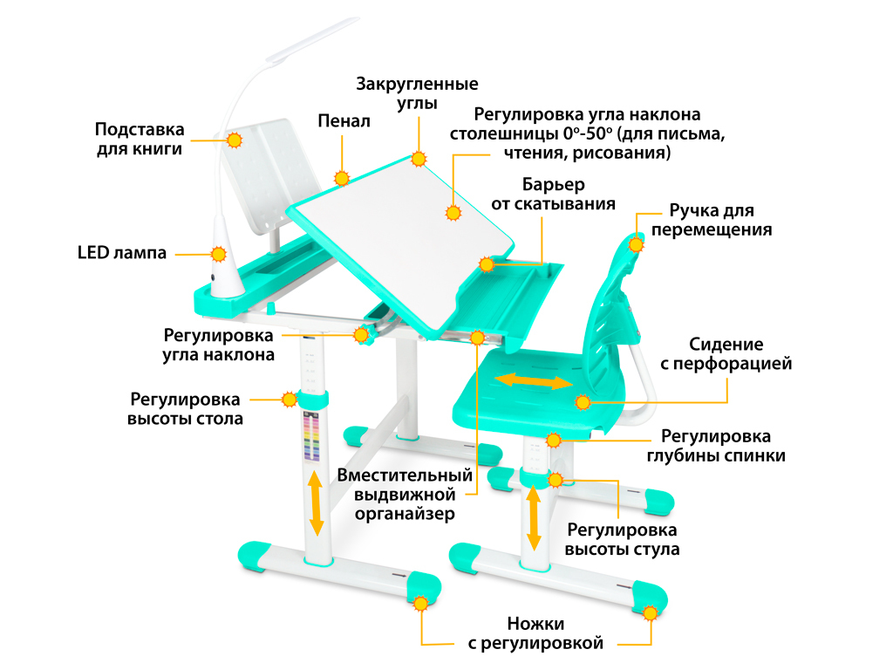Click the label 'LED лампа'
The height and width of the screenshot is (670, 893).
pos(122,252)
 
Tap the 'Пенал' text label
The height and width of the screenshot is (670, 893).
pos(344,120)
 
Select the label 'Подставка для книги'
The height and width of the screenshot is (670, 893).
pos(140,139)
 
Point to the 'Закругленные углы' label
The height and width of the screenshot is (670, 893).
pos(417,92)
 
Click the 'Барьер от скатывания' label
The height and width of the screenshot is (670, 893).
pos(553,195)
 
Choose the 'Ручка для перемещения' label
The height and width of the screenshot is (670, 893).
pos(712,220)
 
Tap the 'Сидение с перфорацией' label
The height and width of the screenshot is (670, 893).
pos(726,354)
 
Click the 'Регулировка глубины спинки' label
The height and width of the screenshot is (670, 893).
pos(716,446)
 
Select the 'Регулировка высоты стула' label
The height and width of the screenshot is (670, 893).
pos(622,539)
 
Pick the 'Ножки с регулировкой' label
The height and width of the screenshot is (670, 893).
pos(535,633)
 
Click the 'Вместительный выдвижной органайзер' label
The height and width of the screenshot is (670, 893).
pos(405,494)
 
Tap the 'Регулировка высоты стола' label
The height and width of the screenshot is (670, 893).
pos(185,408)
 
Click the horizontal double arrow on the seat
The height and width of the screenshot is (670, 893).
pos(534,381)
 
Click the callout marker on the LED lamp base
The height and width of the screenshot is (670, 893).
pos(219,254)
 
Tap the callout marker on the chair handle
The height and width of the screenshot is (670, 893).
pos(636,244)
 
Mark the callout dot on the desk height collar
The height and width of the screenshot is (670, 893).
pos(290,400)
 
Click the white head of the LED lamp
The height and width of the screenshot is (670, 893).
pos(312,38)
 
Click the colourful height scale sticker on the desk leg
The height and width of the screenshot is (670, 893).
pos(311,436)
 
